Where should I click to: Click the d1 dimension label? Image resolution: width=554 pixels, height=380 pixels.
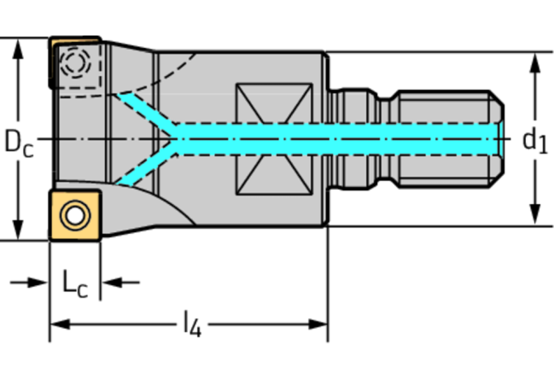click(534, 140)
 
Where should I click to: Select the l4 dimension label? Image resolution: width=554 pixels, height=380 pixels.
click(191, 324)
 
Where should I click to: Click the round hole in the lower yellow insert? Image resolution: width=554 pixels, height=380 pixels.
click(75, 216)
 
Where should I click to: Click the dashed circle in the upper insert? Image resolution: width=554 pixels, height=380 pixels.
click(77, 64)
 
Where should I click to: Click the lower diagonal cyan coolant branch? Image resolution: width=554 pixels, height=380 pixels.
click(145, 164)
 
